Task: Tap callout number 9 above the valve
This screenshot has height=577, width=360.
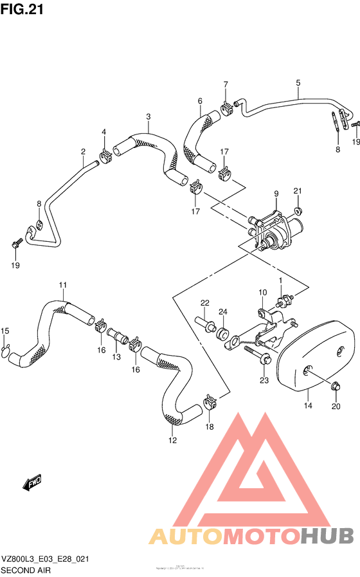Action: (276, 194)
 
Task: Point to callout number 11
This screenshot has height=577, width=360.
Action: (64, 285)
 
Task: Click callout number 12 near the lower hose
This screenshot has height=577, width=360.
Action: (172, 440)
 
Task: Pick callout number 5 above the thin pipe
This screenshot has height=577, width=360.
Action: (298, 83)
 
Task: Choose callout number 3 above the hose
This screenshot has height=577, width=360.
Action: (148, 116)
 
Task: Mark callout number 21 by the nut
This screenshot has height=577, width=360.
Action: (297, 191)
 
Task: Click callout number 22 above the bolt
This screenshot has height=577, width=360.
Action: (204, 303)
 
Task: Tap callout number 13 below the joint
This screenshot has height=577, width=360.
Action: (116, 356)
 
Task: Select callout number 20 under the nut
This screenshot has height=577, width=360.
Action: (335, 406)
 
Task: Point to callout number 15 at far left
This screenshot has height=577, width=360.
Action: (5, 331)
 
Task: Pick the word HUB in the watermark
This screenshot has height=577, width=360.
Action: (327, 535)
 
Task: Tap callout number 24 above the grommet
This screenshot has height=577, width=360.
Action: (222, 313)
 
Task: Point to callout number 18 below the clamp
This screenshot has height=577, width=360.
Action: (208, 426)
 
